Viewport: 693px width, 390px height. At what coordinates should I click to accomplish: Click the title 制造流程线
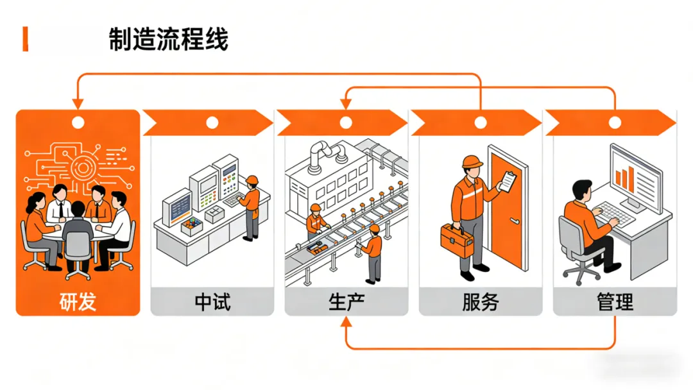coord(168,39)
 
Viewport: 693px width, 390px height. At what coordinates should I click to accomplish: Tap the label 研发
coord(78,302)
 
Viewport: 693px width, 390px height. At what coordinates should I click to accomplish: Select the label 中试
coord(212,302)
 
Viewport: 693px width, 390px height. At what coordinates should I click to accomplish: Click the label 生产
coord(346,302)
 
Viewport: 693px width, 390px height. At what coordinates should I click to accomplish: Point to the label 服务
coord(481,302)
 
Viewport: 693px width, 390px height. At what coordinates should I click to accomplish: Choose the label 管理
coord(615,302)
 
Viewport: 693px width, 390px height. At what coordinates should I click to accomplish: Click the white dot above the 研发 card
coord(78,123)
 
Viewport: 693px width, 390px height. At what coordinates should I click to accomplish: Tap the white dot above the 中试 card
coord(212,123)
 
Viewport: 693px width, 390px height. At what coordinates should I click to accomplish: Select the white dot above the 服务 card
coord(481,123)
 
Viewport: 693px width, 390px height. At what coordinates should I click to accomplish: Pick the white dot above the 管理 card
coord(615,123)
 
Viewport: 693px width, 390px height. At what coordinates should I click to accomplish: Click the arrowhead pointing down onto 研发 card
coord(78,104)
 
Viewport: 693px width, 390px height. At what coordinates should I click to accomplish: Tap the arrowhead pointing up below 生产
coord(346,322)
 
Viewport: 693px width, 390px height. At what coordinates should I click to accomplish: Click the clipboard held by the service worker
coord(507,181)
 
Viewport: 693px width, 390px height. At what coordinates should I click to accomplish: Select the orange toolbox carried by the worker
coord(457,241)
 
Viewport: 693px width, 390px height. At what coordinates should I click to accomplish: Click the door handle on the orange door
coord(514,221)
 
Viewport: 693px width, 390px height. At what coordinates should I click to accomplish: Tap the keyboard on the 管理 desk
coord(615,214)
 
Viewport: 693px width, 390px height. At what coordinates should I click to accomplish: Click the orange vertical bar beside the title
coord(26,39)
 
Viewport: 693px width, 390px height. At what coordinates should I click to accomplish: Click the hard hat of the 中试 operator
coord(252,180)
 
